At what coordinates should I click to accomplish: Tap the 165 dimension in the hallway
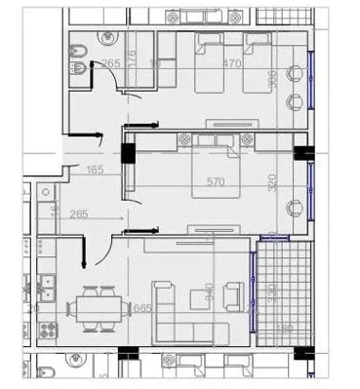click(96, 171)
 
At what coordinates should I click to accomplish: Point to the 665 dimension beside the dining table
click(142, 308)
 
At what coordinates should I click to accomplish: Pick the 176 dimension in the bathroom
click(132, 45)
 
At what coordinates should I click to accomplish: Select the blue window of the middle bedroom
click(311, 190)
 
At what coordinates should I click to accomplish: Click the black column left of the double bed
click(127, 154)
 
